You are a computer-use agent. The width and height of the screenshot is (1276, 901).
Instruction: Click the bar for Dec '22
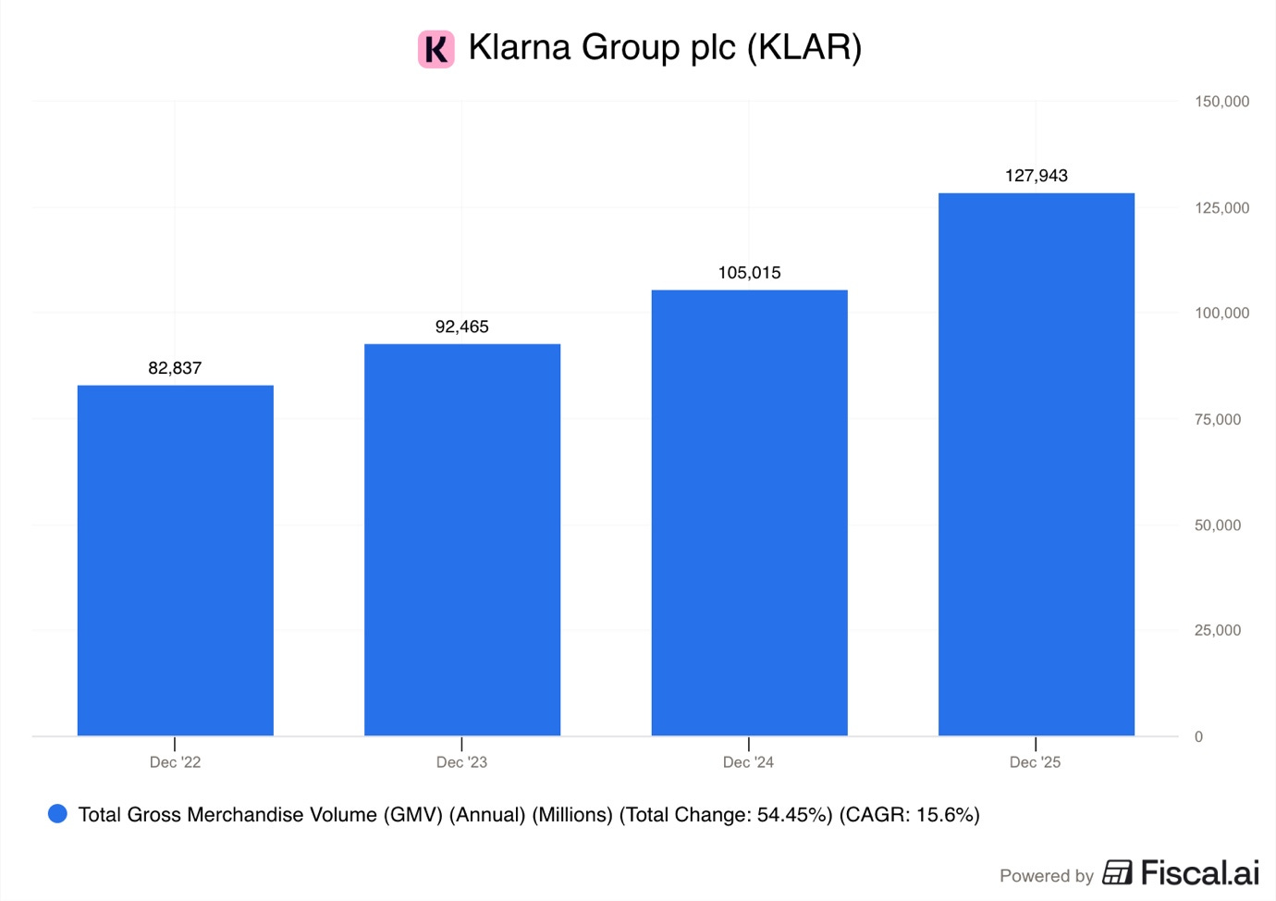tap(176, 560)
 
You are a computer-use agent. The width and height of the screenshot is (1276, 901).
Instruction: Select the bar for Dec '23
tap(462, 539)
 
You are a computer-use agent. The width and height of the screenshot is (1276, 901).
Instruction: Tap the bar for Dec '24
tap(749, 512)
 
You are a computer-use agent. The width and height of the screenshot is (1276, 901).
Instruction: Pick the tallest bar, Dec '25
tap(1037, 464)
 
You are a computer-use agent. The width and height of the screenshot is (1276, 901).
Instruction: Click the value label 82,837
tap(175, 368)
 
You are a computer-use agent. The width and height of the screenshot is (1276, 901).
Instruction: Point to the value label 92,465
tap(462, 327)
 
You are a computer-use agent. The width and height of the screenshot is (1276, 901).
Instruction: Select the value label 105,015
tap(749, 273)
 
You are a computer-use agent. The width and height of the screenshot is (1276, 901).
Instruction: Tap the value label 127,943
tap(1037, 176)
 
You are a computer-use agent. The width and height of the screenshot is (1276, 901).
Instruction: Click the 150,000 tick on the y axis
tap(1221, 102)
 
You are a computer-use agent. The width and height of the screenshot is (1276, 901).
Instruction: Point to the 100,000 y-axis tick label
tap(1221, 314)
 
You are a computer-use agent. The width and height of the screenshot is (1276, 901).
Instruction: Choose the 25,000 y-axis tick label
tap(1218, 631)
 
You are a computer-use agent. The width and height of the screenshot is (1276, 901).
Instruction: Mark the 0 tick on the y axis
tap(1198, 737)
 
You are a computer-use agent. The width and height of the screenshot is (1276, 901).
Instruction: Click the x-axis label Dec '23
tap(461, 762)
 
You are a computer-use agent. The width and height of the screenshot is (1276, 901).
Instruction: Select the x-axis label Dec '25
tap(1035, 762)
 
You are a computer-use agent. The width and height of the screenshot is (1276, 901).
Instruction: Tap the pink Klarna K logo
tap(436, 49)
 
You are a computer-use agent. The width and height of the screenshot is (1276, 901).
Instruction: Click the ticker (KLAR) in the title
tap(804, 48)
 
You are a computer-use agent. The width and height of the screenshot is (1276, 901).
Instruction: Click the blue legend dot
tap(57, 814)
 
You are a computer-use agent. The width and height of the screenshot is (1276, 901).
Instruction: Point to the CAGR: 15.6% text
tap(909, 815)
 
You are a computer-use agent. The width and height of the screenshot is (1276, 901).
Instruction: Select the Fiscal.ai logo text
tap(1199, 873)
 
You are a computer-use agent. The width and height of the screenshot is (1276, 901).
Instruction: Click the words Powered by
tap(1046, 876)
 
